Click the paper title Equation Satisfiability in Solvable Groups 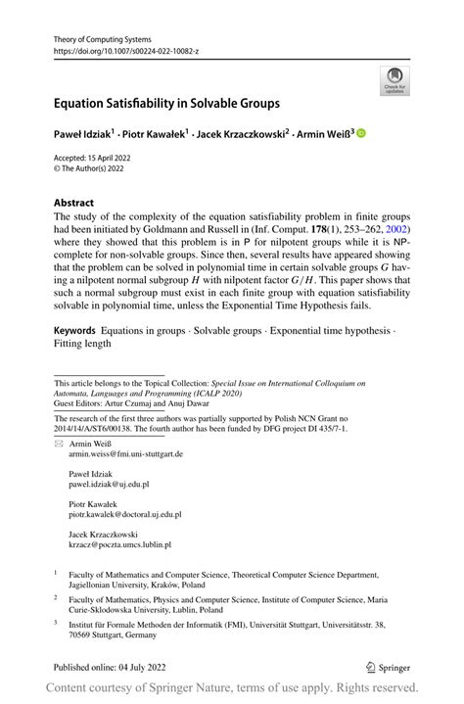166,102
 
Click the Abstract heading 74,203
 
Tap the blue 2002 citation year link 398,231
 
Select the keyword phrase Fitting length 83,343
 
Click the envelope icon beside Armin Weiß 58,444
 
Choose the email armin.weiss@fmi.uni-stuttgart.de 125,454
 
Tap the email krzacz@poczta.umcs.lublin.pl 119,543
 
